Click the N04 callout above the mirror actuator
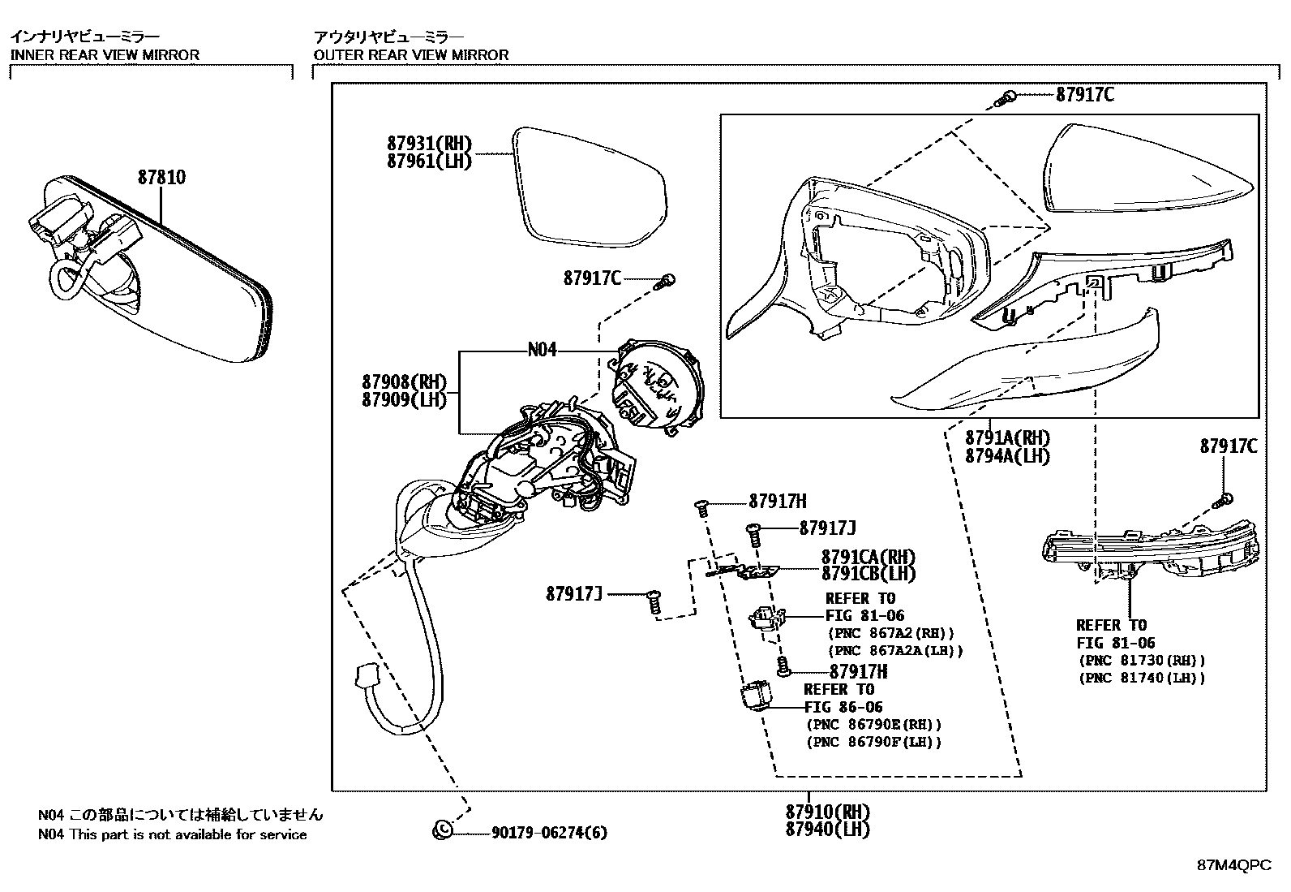pos(542,350)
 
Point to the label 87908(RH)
pos(404,381)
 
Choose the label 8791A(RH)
pos(1007,438)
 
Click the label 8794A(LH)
pos(1007,456)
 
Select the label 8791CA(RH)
pos(868,557)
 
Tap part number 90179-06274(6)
pos(549,832)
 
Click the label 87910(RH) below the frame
pos(827,812)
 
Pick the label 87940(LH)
pos(827,830)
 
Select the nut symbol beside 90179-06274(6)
pos(443,830)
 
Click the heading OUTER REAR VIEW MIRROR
pos(411,54)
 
